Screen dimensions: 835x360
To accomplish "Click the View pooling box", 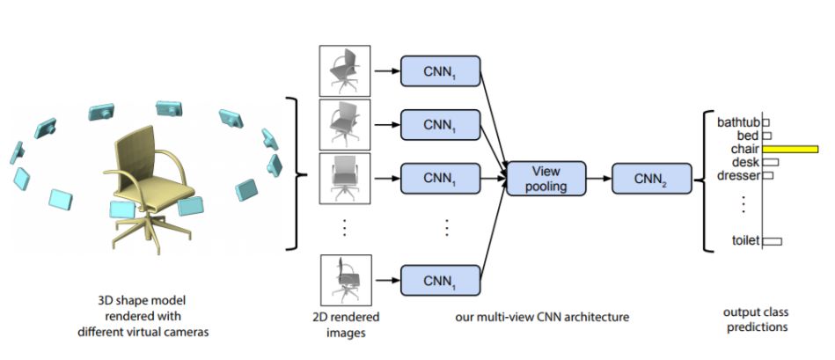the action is coord(546,178).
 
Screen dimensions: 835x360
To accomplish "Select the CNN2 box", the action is coord(652,178).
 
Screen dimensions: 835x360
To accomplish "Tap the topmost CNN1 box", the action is coord(441,70).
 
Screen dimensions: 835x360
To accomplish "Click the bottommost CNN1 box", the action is coord(441,281).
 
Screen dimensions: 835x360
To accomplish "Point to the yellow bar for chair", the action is coord(790,149).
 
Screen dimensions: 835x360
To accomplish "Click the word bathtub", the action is coord(738,123).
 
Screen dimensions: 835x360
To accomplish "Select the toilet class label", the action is coord(745,240).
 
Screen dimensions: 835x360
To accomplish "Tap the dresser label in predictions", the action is coord(738,174).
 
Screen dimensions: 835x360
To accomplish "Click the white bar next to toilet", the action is coord(773,241).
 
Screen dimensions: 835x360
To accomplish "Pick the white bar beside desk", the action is coord(771,162).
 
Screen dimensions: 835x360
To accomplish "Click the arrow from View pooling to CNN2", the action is coord(599,178).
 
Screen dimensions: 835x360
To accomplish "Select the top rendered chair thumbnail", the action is coord(345,70).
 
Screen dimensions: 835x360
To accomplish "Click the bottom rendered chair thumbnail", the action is coord(346,280).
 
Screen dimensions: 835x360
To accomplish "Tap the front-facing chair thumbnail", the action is coord(345,179).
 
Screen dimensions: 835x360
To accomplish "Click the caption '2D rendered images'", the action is coord(346,325).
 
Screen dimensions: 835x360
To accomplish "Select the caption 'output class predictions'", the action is coord(756,319).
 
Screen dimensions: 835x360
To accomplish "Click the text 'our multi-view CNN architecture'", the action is coord(542,318).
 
